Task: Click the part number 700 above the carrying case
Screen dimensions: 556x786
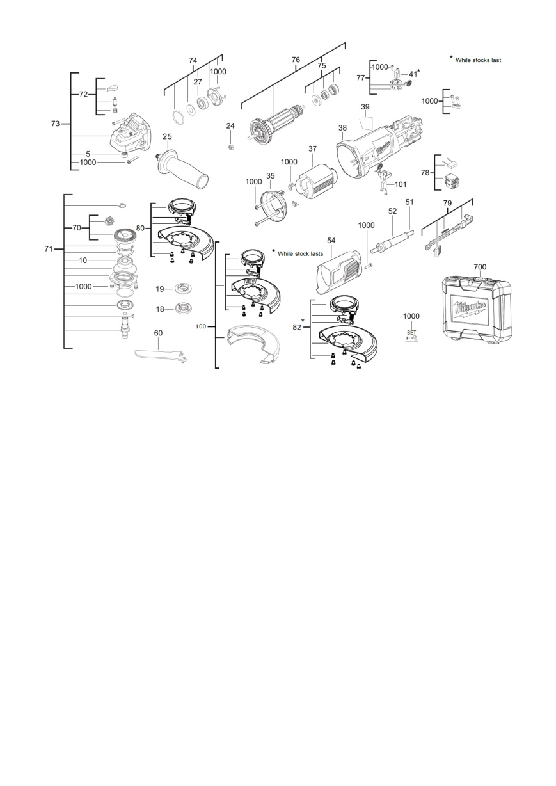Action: pos(480,267)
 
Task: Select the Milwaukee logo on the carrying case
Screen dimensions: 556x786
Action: pos(471,309)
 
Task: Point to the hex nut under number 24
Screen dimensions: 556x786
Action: pos(230,147)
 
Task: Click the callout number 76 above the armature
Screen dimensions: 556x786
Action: pos(296,60)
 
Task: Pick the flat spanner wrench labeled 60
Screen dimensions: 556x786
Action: pos(161,355)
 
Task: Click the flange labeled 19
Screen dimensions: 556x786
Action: pos(184,289)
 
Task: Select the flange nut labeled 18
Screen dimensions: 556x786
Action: pos(184,309)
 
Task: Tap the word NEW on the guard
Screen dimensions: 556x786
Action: pos(250,282)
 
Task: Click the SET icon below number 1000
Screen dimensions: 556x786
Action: pos(411,335)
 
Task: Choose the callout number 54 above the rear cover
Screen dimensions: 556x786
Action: pos(331,241)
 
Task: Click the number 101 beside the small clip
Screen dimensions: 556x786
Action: pos(401,184)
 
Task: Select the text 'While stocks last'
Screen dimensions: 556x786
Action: pos(478,60)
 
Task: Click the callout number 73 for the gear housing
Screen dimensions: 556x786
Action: pos(56,124)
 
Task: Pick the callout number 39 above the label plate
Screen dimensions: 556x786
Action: pos(365,107)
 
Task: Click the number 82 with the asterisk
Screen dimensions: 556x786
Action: pos(297,327)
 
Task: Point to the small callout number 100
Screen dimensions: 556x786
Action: pos(201,326)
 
